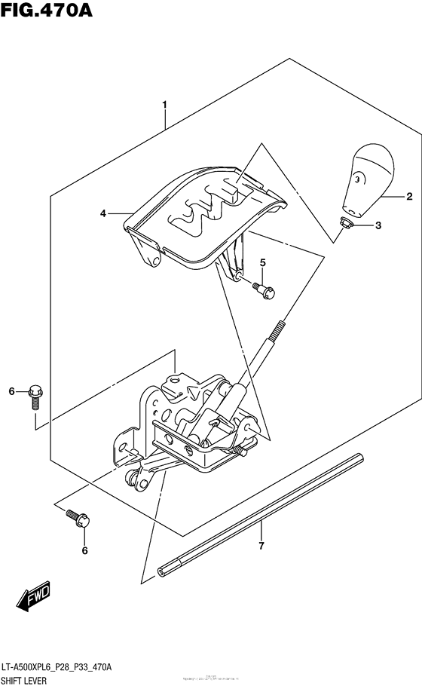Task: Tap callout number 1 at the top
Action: coord(164,104)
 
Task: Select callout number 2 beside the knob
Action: coord(409,198)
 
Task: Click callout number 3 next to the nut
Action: coord(378,225)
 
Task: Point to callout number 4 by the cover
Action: coord(103,214)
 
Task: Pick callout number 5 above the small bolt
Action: coord(262,262)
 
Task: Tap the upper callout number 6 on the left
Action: coord(11,390)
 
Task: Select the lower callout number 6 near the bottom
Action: coord(84,551)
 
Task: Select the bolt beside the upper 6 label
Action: coord(35,394)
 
